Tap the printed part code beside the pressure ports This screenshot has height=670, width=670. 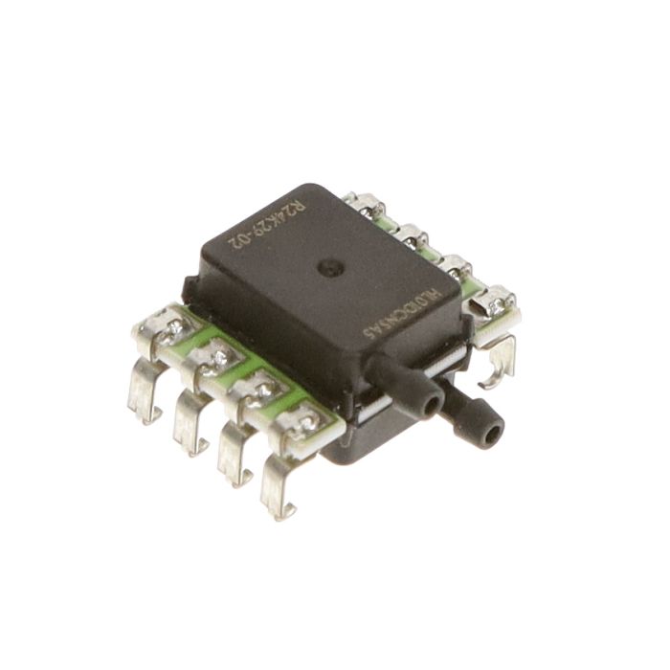403,311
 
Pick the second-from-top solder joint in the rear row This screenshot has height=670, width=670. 412,230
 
